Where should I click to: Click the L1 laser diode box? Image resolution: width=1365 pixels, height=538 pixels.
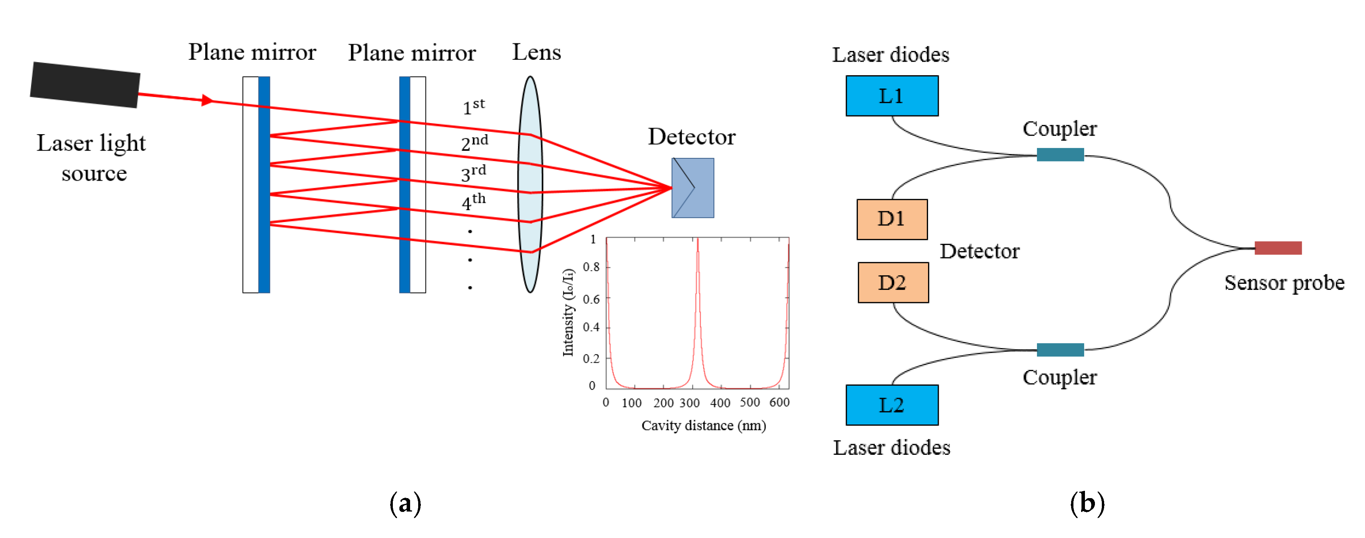[892, 96]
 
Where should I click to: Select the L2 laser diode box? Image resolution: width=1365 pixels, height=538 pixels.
[892, 405]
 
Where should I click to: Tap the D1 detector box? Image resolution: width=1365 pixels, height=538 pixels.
[892, 219]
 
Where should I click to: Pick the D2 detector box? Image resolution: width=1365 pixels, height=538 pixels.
[893, 282]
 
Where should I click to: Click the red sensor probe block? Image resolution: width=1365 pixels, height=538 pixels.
[1278, 248]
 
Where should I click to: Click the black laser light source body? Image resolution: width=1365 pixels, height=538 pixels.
[85, 85]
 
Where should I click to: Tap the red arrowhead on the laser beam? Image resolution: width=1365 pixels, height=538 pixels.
[207, 100]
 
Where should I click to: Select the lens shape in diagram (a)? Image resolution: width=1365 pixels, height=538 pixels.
[530, 184]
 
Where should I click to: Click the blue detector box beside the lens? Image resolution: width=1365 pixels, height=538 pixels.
[692, 188]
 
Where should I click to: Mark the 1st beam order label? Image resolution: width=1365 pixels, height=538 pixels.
[473, 107]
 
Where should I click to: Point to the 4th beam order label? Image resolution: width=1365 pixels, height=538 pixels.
[473, 201]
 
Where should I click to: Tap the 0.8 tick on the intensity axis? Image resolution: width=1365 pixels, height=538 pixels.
[591, 267]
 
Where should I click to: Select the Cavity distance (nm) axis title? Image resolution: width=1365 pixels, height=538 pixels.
[703, 426]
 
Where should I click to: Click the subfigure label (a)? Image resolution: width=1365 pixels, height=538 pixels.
[406, 503]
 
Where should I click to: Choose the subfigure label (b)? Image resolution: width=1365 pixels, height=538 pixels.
[1087, 503]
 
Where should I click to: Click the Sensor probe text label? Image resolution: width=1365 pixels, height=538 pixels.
[1284, 283]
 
